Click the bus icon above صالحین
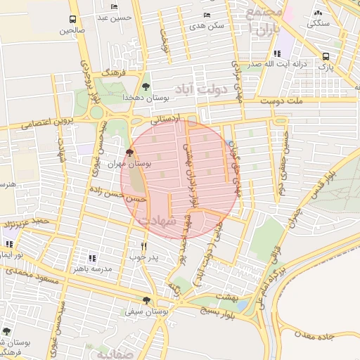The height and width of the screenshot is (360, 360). click(72, 19)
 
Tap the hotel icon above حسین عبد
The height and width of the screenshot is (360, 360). click(114, 6)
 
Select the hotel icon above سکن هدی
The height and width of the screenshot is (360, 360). click(207, 14)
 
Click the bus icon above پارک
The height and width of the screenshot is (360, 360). click(325, 56)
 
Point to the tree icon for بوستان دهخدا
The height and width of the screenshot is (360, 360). click(146, 86)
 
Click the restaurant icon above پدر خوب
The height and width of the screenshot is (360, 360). click(143, 246)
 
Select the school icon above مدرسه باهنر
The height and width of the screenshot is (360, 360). click(91, 257)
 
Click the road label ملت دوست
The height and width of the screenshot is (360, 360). click(280, 102)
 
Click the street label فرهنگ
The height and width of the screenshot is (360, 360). click(112, 72)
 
